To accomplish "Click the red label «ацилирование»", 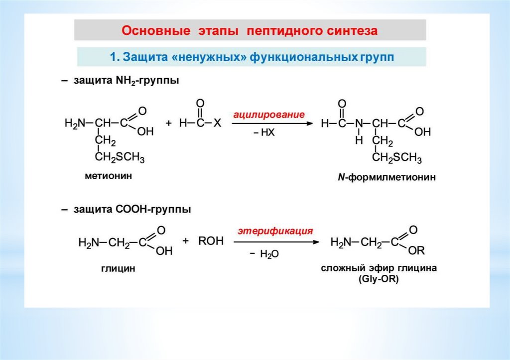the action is (x=266, y=114).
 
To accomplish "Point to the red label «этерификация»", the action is (x=275, y=231).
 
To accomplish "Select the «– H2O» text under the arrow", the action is (x=263, y=254).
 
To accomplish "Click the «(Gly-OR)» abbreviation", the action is (x=378, y=279).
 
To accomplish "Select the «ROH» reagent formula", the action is (x=211, y=241).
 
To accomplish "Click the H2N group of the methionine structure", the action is (x=75, y=123).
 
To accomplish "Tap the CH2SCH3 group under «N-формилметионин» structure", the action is (x=397, y=159).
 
